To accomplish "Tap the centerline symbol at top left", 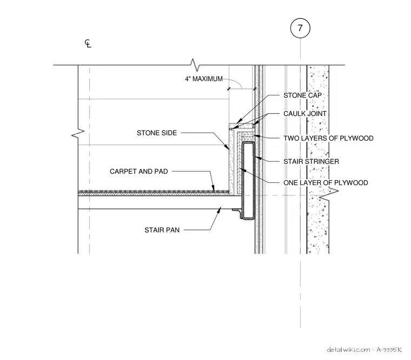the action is tap(88, 43).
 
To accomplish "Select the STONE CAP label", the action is tap(302, 95).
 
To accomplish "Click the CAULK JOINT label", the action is tap(305, 114).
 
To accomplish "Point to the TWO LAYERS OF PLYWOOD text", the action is tap(328, 138).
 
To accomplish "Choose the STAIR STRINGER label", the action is tap(311, 161).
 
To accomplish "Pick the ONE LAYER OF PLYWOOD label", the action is tap(326, 182).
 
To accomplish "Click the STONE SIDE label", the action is tap(157, 133).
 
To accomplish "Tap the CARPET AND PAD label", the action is tap(138, 172).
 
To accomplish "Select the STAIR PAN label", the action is tap(162, 230).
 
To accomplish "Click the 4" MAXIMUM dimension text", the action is tap(204, 78).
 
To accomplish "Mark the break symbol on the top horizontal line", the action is tap(195, 65).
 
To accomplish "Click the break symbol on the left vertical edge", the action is tap(78, 133).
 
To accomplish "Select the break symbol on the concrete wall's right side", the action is tap(329, 195).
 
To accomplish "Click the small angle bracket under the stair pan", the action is tap(237, 213).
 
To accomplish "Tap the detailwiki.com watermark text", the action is tap(348, 350).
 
